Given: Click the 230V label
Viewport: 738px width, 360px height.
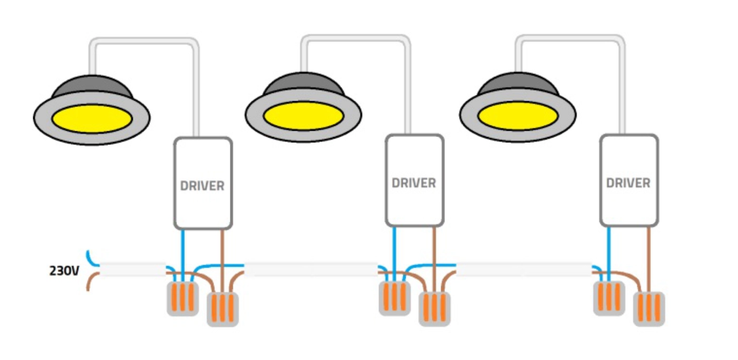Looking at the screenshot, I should (64, 271).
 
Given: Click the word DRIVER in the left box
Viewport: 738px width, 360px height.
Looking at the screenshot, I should (202, 186).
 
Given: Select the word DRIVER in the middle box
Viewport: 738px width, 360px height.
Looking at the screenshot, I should (414, 183).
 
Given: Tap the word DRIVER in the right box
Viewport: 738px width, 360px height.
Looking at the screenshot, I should (628, 183).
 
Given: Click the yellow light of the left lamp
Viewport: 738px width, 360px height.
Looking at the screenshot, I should (92, 118).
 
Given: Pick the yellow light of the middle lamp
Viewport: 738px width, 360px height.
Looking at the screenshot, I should (303, 115).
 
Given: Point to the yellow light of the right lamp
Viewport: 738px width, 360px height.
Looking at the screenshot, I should (518, 115).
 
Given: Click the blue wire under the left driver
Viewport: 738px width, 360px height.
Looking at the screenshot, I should (182, 248).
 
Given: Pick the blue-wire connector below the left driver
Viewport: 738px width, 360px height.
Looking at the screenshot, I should (182, 298).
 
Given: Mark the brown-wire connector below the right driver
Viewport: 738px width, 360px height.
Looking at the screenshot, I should (649, 308).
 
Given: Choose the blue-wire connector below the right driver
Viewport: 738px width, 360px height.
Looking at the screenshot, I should (609, 298).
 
